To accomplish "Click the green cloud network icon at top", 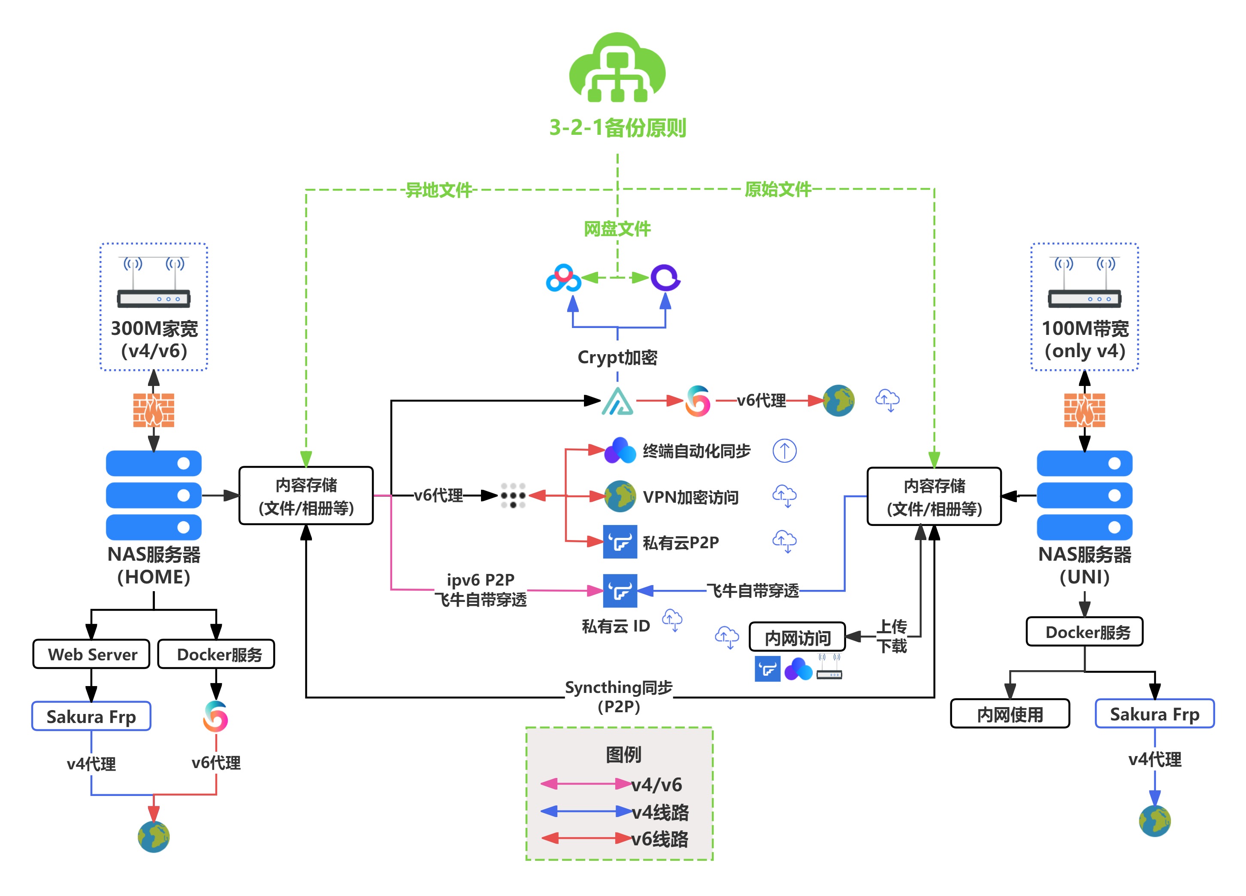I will pos(617,68).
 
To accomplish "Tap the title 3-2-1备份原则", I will pos(617,128).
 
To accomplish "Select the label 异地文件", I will pos(439,190).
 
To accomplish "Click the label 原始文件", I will pos(777,189).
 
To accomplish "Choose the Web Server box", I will pos(92,654).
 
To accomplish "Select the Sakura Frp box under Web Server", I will pos(91,716).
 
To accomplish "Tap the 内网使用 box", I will pos(1010,714).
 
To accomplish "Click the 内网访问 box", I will pos(797,638).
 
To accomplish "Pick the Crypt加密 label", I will pos(617,357).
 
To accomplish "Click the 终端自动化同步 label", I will pos(696,451).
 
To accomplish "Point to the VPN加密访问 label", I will pos(690,497).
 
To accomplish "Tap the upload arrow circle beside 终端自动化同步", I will pos(784,451).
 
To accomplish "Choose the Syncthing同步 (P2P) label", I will pos(619,696).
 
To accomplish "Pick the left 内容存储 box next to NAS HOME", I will pos(306,496).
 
